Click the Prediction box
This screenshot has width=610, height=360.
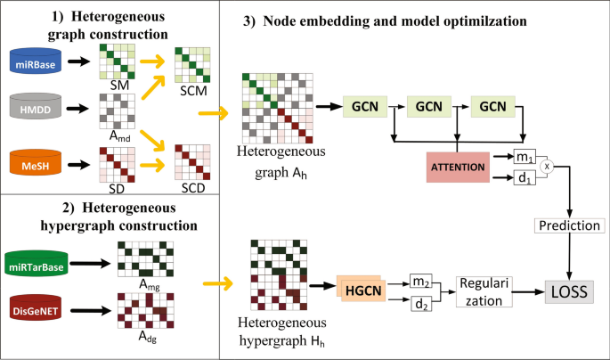pos(568,226)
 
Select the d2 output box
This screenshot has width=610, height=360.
pos(422,303)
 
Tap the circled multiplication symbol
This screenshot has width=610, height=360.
pos(548,167)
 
